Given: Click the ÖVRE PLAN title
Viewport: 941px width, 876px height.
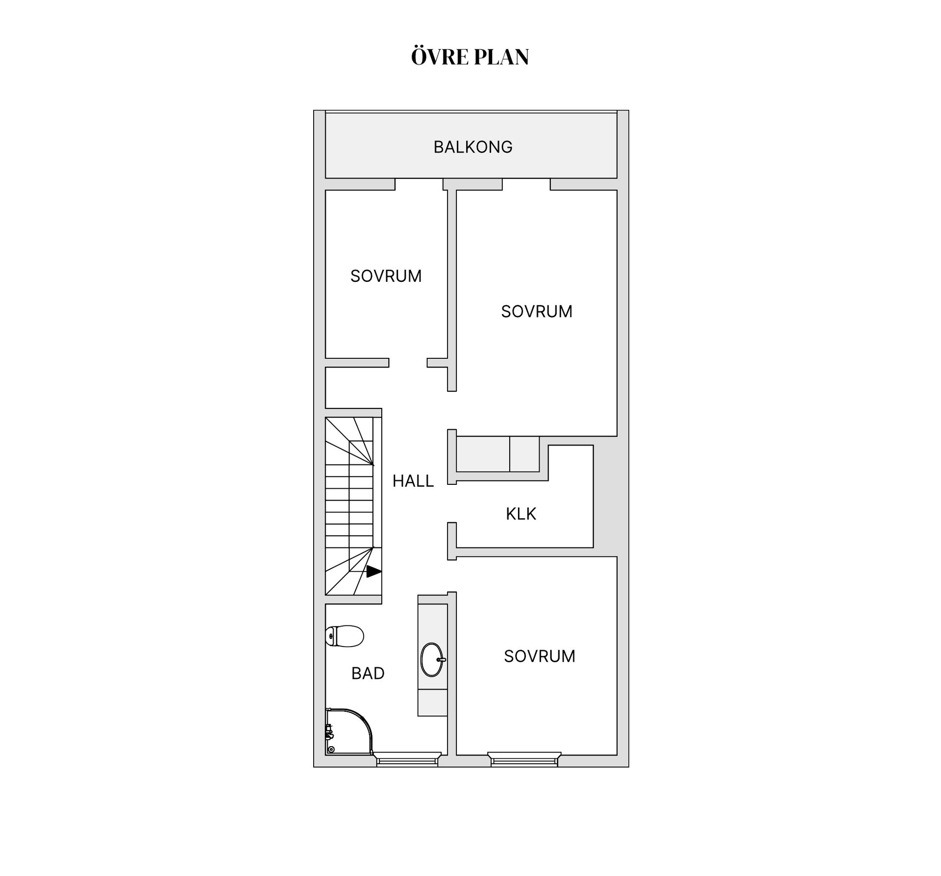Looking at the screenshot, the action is click(470, 56).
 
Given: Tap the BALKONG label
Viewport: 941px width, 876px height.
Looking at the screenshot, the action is click(473, 147).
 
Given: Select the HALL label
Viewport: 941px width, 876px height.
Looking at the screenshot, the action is click(413, 481).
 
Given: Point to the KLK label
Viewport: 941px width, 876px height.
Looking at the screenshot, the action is click(521, 514).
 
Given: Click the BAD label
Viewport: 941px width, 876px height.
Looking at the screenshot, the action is click(368, 673).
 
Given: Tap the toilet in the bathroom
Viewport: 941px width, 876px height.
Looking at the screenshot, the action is click(345, 636).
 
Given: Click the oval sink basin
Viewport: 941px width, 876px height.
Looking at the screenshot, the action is click(432, 659).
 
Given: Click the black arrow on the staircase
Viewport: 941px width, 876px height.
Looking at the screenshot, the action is click(374, 571).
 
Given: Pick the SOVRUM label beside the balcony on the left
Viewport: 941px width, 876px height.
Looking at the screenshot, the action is click(386, 276).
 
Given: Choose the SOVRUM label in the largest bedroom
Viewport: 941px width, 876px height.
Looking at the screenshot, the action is click(537, 311).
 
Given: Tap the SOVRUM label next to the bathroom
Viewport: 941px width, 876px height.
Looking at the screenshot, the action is click(540, 656).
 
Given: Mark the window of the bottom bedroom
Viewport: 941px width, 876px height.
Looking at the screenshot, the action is click(524, 759).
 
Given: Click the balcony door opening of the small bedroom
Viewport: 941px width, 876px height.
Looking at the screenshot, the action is click(419, 184).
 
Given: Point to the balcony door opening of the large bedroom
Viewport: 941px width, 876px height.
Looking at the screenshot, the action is click(526, 184).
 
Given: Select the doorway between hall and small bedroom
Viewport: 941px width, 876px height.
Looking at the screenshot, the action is click(408, 363).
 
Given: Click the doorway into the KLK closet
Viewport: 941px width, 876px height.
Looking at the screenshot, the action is click(452, 503).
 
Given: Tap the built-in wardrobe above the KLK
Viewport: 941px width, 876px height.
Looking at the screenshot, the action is click(498, 454).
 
